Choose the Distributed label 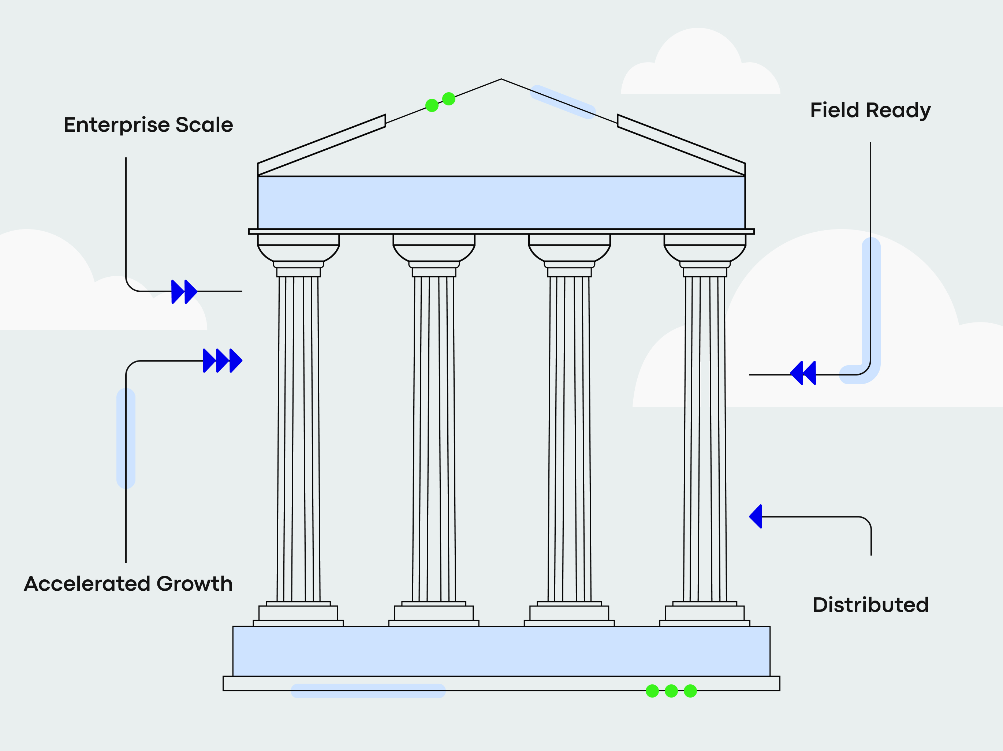click(x=870, y=605)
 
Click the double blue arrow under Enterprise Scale click(x=184, y=291)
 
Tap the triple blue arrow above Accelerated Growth click(x=222, y=361)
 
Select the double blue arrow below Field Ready click(x=803, y=373)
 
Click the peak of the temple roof click(x=501, y=80)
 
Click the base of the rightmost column click(x=705, y=614)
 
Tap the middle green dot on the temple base click(x=671, y=691)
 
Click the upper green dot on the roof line click(x=448, y=98)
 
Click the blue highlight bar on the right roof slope click(x=563, y=102)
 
